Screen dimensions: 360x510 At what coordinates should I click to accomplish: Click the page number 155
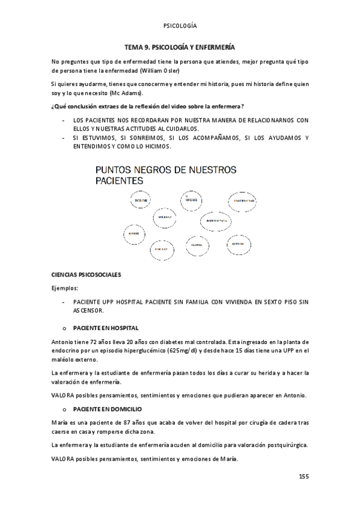point(304,476)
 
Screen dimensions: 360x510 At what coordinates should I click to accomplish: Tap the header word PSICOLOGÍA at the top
point(180,26)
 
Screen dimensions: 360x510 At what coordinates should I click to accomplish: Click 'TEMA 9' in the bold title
point(136,46)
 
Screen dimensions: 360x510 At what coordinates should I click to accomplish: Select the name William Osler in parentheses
point(175,70)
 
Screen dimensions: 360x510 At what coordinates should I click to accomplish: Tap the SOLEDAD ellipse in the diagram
point(165,217)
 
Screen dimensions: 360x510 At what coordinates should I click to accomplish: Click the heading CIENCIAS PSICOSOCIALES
point(87,274)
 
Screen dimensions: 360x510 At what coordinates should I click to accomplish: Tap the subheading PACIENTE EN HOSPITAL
point(106,328)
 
